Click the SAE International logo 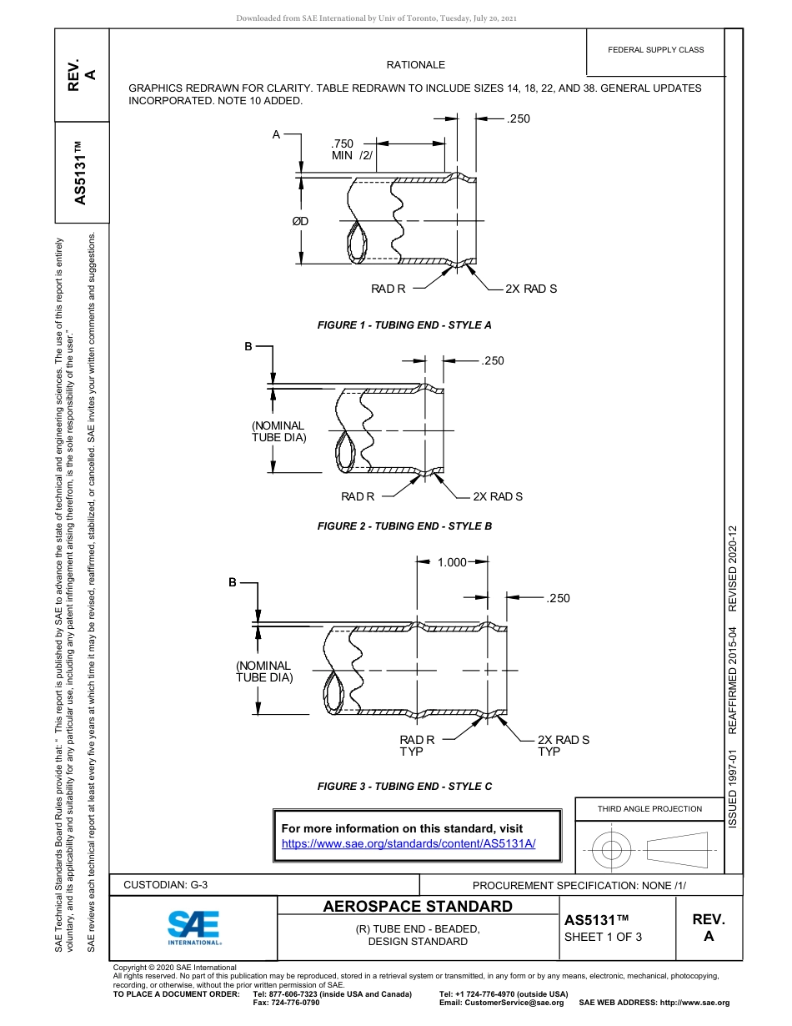194,927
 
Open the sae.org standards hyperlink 409,843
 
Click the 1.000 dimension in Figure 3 452,562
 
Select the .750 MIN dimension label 351,149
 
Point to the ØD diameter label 300,221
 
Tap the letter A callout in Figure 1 276,133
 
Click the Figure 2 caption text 404,526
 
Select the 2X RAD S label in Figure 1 531,289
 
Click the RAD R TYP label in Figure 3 416,746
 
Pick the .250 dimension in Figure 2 493,360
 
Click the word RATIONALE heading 415,64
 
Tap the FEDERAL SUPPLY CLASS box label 656,50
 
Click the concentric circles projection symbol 612,851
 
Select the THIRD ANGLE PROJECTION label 649,808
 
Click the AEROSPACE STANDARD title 418,907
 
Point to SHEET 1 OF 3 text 603,936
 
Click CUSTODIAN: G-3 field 165,885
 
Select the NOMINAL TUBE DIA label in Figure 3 263,671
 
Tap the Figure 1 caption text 404,325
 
